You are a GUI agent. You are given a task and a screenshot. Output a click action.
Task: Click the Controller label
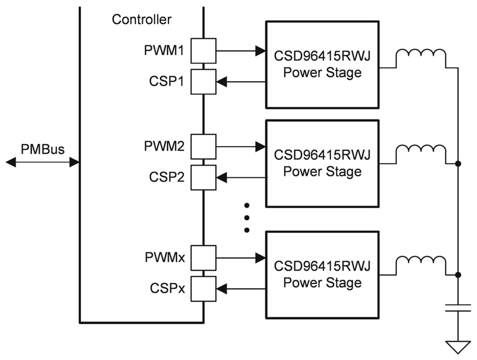(141, 19)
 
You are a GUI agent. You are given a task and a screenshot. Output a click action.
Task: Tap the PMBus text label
(42, 149)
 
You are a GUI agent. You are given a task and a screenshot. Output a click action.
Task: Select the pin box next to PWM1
(203, 51)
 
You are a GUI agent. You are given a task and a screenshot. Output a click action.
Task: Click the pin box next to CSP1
(203, 81)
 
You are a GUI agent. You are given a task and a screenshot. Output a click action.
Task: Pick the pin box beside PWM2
(203, 146)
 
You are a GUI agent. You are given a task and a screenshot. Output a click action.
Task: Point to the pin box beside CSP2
(203, 177)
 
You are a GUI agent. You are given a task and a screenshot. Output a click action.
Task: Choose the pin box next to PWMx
(203, 258)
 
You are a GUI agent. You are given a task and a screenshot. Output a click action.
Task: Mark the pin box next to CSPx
(203, 289)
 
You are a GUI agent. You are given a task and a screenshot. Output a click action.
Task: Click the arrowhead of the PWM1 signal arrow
(260, 51)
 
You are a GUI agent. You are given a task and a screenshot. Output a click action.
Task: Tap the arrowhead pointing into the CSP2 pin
(221, 177)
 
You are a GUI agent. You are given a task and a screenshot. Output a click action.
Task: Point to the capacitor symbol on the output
(458, 308)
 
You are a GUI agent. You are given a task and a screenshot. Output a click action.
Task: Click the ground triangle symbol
(458, 347)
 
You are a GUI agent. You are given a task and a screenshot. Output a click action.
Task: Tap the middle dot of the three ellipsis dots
(247, 217)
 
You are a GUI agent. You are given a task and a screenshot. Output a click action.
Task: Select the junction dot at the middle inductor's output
(458, 164)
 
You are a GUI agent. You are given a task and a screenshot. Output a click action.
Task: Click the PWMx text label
(165, 257)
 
